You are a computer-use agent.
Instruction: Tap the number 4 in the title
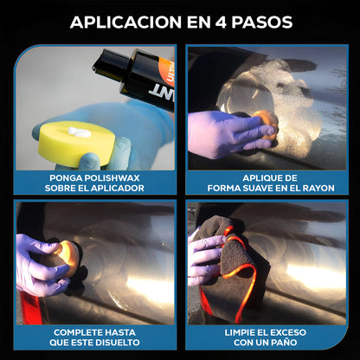221,22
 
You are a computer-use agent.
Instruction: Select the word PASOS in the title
262,22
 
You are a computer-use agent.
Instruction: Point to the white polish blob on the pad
79,132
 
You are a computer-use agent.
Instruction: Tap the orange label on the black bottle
167,72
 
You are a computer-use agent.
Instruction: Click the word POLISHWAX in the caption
112,178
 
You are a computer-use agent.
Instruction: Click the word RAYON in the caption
318,189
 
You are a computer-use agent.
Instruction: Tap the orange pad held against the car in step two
266,123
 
